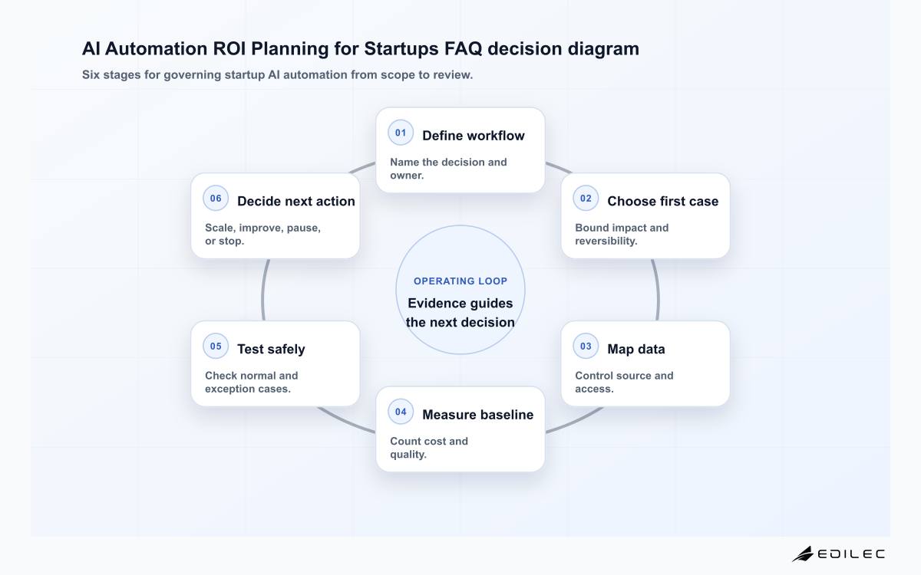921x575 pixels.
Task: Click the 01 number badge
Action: [x=401, y=133]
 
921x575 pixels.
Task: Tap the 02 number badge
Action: [x=586, y=199]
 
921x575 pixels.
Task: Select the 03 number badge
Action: [x=586, y=347]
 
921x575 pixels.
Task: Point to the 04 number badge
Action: [x=401, y=412]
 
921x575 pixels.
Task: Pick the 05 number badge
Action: [x=216, y=347]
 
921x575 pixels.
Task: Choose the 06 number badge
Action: [x=216, y=199]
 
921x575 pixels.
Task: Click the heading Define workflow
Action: [x=474, y=136]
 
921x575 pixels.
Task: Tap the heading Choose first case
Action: [x=663, y=201]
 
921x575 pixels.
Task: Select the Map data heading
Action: [x=636, y=349]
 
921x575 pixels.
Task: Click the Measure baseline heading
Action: [x=477, y=415]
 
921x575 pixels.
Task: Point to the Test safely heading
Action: [x=271, y=349]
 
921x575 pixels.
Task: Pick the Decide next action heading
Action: [x=296, y=201]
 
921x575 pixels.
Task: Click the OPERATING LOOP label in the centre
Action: [x=460, y=281]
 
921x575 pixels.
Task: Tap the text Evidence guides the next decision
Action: [x=460, y=313]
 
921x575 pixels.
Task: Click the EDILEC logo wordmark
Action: [x=850, y=554]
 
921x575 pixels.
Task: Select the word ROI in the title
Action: [x=229, y=49]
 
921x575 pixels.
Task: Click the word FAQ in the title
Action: [x=463, y=49]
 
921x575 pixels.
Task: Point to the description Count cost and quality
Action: [x=429, y=448]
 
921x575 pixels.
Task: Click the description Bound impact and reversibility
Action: [x=622, y=234]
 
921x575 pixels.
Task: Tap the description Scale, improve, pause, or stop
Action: [x=262, y=234]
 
